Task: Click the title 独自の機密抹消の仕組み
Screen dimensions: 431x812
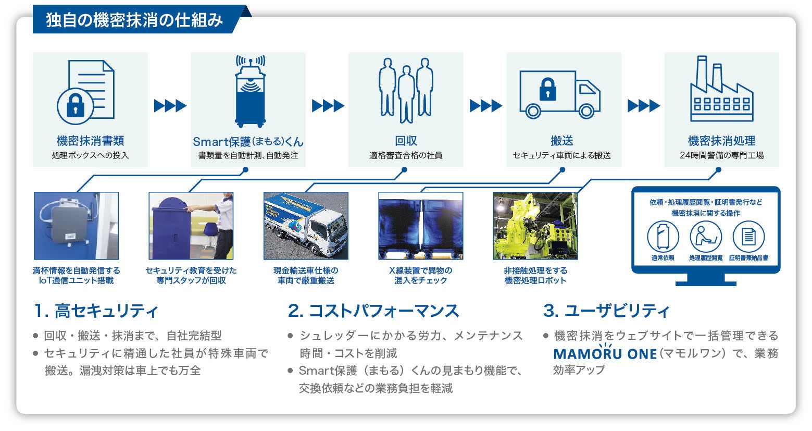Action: click(134, 20)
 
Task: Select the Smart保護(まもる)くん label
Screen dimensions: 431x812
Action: click(248, 141)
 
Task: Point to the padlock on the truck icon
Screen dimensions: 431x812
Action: click(547, 89)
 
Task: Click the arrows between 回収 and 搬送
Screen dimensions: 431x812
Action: click(485, 106)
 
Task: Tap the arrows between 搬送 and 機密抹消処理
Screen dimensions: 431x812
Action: click(643, 106)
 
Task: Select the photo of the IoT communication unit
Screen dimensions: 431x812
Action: click(76, 226)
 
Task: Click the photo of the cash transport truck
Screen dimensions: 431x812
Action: click(306, 226)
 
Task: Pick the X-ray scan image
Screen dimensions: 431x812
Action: click(420, 226)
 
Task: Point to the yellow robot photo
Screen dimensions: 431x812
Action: click(535, 226)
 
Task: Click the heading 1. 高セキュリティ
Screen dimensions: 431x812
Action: click(96, 311)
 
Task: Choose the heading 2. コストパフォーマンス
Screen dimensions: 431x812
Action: click(373, 311)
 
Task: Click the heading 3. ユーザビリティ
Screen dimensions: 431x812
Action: click(606, 311)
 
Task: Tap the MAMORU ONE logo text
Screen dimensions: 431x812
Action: click(605, 354)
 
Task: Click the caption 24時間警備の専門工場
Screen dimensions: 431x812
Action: click(721, 155)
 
